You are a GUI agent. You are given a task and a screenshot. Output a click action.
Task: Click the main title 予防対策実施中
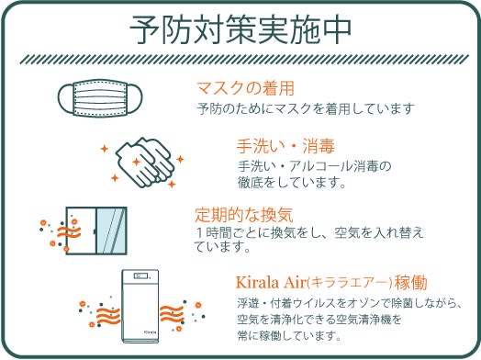(240, 29)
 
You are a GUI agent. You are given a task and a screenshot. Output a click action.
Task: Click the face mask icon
(100, 98)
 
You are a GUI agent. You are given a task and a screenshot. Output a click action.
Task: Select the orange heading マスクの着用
(245, 88)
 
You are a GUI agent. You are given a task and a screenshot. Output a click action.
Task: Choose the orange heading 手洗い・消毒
(285, 146)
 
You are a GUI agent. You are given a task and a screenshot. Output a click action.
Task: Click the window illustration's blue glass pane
(111, 231)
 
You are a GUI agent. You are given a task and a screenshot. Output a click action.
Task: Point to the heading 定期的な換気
(244, 215)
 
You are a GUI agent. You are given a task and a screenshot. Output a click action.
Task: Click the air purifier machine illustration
(140, 306)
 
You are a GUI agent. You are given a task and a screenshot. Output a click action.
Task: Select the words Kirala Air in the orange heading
(271, 282)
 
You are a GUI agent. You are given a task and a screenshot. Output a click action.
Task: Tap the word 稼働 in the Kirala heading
(410, 282)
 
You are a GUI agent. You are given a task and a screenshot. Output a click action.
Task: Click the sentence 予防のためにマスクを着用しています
(306, 108)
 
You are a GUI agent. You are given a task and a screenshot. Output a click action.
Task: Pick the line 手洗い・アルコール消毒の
(315, 166)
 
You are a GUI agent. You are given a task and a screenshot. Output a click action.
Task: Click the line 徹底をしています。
(292, 183)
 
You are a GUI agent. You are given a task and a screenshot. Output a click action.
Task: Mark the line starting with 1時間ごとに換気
(308, 233)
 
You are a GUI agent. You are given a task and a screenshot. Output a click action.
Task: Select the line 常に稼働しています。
(289, 335)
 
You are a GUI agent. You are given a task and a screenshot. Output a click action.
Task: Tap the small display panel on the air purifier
(140, 276)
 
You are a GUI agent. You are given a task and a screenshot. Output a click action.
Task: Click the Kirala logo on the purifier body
(151, 332)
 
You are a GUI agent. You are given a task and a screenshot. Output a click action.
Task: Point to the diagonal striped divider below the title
(244, 59)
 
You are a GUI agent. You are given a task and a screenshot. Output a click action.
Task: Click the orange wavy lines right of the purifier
(172, 314)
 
